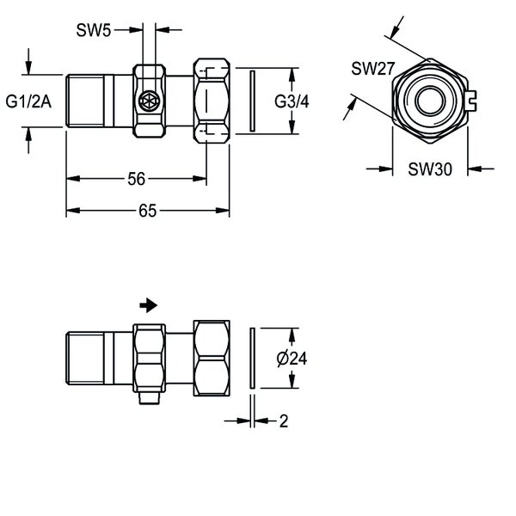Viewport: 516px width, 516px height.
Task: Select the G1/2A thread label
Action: (28, 102)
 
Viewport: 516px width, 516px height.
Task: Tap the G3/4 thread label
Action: (292, 101)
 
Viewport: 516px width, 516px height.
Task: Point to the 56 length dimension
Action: (136, 179)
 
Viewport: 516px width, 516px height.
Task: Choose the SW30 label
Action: (427, 169)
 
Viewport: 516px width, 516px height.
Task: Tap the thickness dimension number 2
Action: (283, 421)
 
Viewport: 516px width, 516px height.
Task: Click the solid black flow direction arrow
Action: (149, 304)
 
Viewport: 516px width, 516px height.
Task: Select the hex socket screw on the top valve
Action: (147, 101)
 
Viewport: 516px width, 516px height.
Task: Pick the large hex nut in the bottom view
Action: (212, 357)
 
